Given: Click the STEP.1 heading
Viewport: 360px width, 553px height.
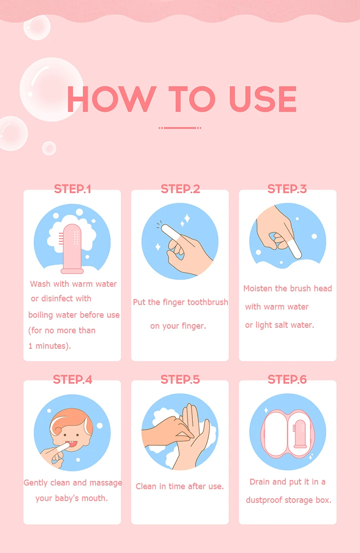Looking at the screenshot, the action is tap(72, 189).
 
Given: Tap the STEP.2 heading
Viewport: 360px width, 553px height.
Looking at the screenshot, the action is tap(180, 189).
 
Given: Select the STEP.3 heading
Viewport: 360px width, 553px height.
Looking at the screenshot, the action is tap(287, 189).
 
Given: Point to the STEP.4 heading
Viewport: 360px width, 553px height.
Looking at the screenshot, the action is tap(72, 379).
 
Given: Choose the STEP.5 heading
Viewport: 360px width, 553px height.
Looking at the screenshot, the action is tap(180, 379).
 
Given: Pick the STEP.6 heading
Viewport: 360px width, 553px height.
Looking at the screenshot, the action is tap(287, 379).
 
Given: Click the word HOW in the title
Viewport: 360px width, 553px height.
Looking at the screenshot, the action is tap(112, 99).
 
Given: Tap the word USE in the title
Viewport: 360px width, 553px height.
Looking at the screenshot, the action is tap(263, 99).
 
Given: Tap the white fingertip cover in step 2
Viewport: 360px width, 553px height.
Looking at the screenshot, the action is tap(170, 233).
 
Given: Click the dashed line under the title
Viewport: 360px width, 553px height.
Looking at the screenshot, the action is tap(180, 128).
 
